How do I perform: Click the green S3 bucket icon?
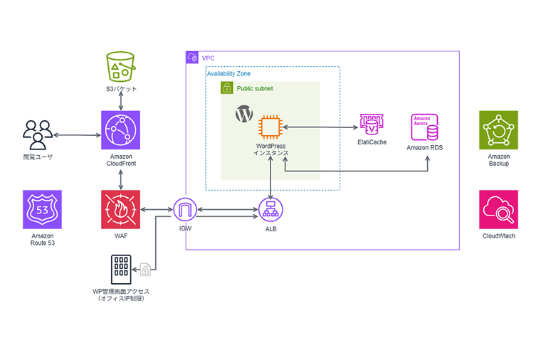coord(120,66)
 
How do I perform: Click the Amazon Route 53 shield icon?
coord(42,209)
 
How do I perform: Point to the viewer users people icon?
coord(38,132)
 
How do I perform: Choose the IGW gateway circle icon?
coord(184,210)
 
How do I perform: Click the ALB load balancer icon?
coord(271,210)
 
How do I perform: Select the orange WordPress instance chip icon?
coord(270,127)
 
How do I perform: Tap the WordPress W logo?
coord(244,114)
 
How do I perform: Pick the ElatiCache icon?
coord(371,125)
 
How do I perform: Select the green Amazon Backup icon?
coord(498,130)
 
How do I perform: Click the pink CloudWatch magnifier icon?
coord(498,209)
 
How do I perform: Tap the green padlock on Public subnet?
coord(227,89)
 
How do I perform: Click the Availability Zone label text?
coord(228,73)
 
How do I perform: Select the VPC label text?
coord(208,57)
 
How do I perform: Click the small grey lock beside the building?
coord(145,269)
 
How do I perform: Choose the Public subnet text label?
coord(255,89)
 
